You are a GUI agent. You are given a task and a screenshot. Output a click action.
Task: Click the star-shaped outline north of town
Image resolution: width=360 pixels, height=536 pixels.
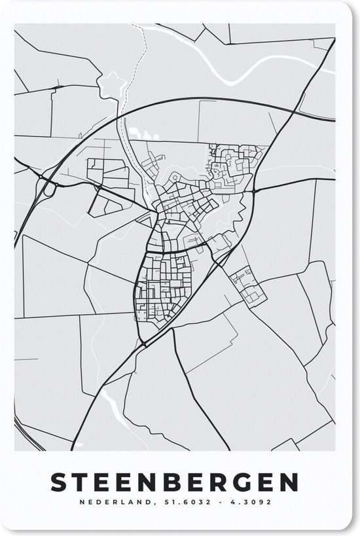[111, 84]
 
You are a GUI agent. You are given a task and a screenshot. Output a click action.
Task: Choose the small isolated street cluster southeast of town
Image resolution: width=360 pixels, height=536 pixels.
[247, 286]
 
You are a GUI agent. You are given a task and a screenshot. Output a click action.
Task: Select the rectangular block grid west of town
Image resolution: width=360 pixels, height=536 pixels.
[109, 173]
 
